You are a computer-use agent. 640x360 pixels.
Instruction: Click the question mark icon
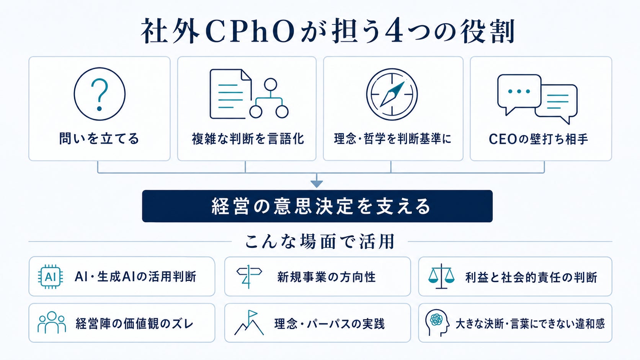click(100, 94)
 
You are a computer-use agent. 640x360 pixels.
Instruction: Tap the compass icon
click(392, 94)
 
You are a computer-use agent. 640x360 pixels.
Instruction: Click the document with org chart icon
click(249, 94)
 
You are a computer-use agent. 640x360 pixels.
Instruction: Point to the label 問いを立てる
click(99, 139)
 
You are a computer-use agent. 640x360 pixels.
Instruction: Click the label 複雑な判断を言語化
click(248, 139)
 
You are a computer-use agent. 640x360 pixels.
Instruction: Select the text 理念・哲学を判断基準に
click(393, 139)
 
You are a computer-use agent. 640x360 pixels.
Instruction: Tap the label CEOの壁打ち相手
click(538, 139)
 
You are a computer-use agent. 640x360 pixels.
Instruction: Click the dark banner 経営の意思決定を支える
click(317, 206)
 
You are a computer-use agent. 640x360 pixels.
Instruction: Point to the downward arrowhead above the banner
click(317, 184)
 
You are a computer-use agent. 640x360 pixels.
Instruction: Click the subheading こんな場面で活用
click(320, 241)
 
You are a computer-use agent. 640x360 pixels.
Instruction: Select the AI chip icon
click(51, 277)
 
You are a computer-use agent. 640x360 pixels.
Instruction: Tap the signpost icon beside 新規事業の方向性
click(249, 277)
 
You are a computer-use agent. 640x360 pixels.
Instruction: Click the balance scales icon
click(441, 276)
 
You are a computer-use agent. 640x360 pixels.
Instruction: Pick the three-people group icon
click(52, 323)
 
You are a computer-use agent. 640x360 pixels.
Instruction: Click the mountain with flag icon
click(249, 323)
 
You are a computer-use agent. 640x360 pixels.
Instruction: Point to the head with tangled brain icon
click(437, 323)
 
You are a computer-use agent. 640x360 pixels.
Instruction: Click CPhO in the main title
click(250, 31)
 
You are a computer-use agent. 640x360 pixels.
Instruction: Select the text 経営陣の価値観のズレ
click(135, 324)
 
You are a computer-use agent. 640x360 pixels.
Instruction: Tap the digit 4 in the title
click(394, 31)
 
